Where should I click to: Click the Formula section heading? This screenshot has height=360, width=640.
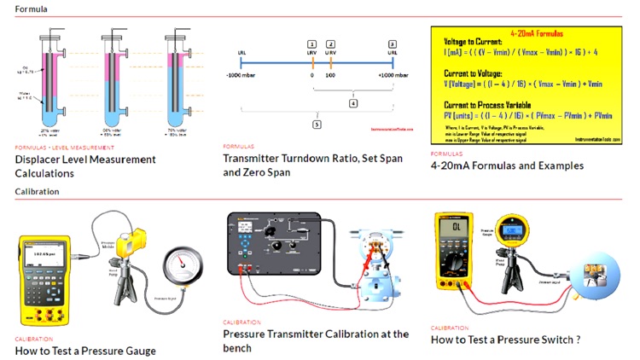pos(31,9)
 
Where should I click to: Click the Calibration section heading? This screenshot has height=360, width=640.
pos(37,191)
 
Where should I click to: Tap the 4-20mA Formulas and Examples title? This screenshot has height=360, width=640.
pos(507,165)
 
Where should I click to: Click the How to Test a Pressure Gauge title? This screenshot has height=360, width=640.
pos(84,351)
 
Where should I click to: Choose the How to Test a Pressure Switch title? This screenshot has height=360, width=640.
pos(506,340)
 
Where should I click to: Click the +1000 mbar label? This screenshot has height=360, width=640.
pos(392,75)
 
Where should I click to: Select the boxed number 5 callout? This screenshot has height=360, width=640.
pos(317,124)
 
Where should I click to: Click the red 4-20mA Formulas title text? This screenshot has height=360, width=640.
pos(532,33)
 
